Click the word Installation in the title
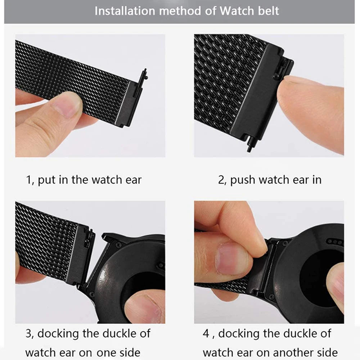point(125,11)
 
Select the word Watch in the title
point(236,11)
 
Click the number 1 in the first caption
point(28,180)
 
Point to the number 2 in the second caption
point(221,180)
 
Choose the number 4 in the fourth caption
point(206,333)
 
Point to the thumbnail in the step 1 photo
point(67,105)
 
